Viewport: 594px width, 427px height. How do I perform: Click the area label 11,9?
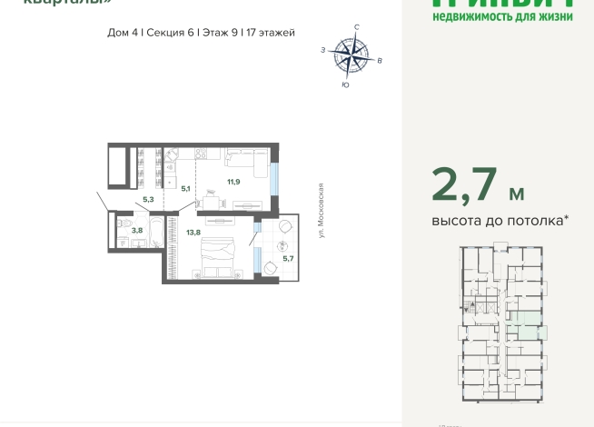pos(233,182)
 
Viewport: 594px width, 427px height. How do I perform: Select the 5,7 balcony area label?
pos(288,259)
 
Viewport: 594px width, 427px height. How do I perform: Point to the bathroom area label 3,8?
pos(136,231)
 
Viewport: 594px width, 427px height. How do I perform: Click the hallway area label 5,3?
pos(148,199)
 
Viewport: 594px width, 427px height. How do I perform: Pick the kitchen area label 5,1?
pos(185,189)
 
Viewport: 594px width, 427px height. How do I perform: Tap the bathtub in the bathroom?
pos(157,233)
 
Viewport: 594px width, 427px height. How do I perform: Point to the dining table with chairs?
pos(211,194)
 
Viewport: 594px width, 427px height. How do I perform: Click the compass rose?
pos(351,56)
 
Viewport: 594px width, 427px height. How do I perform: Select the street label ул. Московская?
pos(322,210)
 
